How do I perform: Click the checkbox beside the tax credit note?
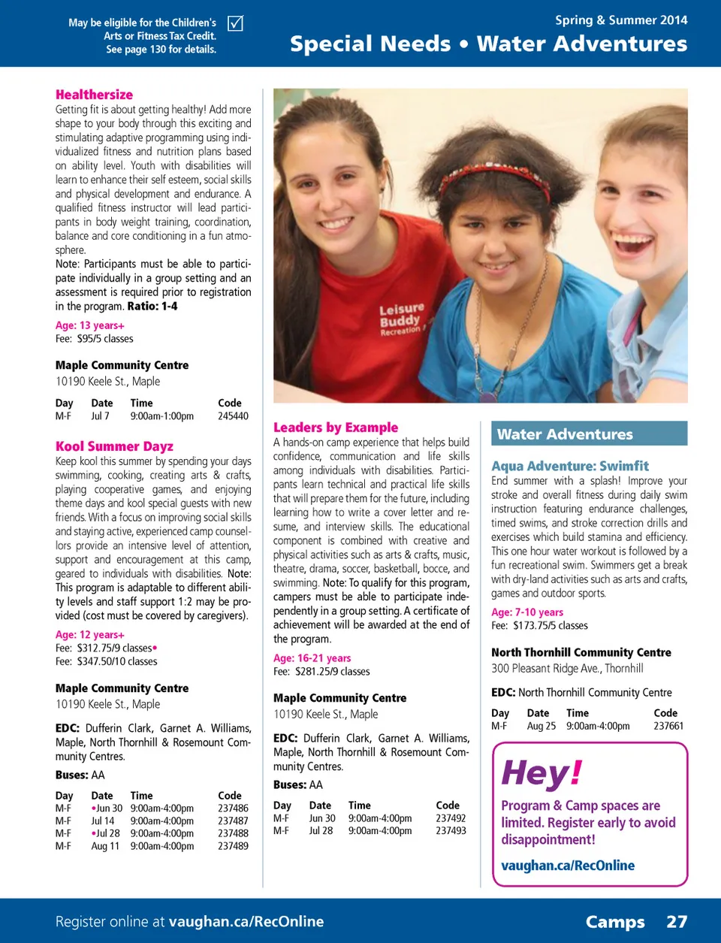tap(235, 23)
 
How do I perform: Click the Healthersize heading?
tap(94, 95)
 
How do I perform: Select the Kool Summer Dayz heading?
tap(114, 446)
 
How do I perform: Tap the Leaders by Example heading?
tap(336, 428)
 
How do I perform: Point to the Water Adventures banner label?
tap(565, 434)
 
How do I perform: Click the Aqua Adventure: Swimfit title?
tap(570, 466)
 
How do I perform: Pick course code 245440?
tap(233, 416)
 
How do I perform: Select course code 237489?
tap(233, 846)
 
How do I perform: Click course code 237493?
tap(451, 831)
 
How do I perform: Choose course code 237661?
tap(668, 727)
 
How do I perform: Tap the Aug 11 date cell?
tap(105, 846)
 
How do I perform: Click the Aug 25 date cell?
tap(541, 727)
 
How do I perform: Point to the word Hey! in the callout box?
tap(542, 773)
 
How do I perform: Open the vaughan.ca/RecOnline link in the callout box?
tap(568, 866)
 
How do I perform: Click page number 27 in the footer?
tap(677, 922)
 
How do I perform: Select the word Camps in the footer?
tap(615, 922)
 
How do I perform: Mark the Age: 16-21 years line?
tap(312, 658)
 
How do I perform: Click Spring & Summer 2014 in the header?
tap(621, 20)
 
